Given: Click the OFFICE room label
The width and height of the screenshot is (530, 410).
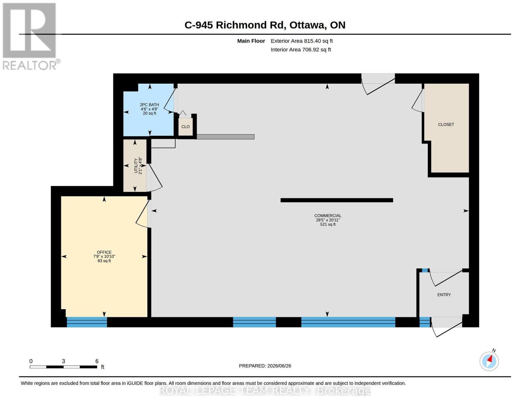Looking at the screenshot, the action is tap(104, 252).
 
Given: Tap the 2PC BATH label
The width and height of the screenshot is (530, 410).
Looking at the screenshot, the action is tap(149, 105).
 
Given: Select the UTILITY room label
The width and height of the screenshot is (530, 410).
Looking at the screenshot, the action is tap(136, 166).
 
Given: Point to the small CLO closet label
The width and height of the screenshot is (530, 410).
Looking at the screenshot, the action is tap(185, 126).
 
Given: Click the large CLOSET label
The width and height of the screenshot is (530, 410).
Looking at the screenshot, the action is tap(446, 125).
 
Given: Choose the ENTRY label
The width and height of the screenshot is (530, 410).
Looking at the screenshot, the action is tap(444, 295).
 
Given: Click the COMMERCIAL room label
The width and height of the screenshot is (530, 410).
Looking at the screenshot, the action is tap(328, 216).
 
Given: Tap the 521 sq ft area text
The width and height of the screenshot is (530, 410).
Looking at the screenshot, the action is tap(328, 224).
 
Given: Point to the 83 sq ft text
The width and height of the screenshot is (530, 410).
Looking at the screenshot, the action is tap(104, 261).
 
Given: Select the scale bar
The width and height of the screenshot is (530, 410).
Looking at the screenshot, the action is tap(63, 367).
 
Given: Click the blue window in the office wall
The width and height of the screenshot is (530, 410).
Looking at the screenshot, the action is tap(87, 322).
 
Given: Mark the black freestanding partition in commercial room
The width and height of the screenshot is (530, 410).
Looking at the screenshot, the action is tap(336, 200).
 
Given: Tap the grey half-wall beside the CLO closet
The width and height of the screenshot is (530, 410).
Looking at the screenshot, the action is tap(226, 137).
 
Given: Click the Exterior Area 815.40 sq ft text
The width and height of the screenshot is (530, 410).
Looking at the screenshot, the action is tap(302, 41).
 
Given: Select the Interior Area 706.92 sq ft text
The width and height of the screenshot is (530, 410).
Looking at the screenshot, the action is tap(301, 50).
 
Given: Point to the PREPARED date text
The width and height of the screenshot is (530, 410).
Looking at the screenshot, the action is tap(265, 366).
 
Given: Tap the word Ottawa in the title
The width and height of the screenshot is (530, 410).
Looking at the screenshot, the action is tap(308, 25).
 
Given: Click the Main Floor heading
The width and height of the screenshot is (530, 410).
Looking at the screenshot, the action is tap(251, 41).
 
